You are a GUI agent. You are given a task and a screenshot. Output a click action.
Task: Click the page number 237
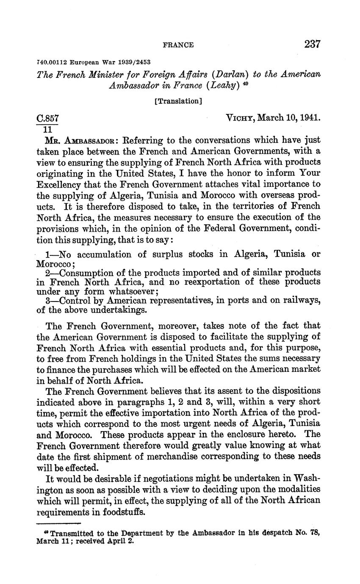[312, 44]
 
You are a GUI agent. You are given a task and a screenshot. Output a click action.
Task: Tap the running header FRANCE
[178, 45]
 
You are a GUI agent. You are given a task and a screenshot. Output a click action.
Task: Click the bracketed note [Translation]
[178, 101]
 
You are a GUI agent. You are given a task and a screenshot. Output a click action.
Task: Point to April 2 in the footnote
[121, 541]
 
